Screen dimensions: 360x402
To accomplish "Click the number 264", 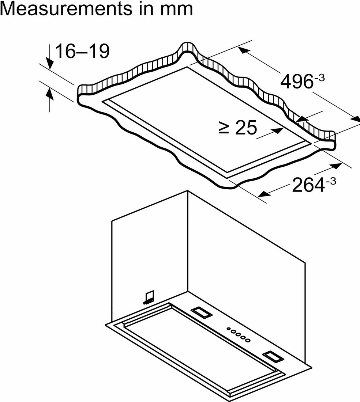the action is (x=308, y=185).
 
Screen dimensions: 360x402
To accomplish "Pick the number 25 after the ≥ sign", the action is (x=246, y=128).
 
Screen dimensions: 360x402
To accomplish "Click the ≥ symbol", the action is (x=224, y=128).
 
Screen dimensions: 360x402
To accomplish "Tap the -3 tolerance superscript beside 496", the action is (x=319, y=77).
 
